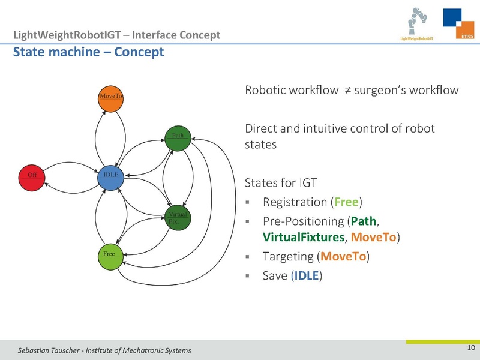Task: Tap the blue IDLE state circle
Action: [x=110, y=175]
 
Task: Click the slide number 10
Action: [x=470, y=349]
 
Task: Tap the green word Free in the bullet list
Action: [x=346, y=202]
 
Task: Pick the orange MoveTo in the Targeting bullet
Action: [x=344, y=257]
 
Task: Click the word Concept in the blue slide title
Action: [x=139, y=52]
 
